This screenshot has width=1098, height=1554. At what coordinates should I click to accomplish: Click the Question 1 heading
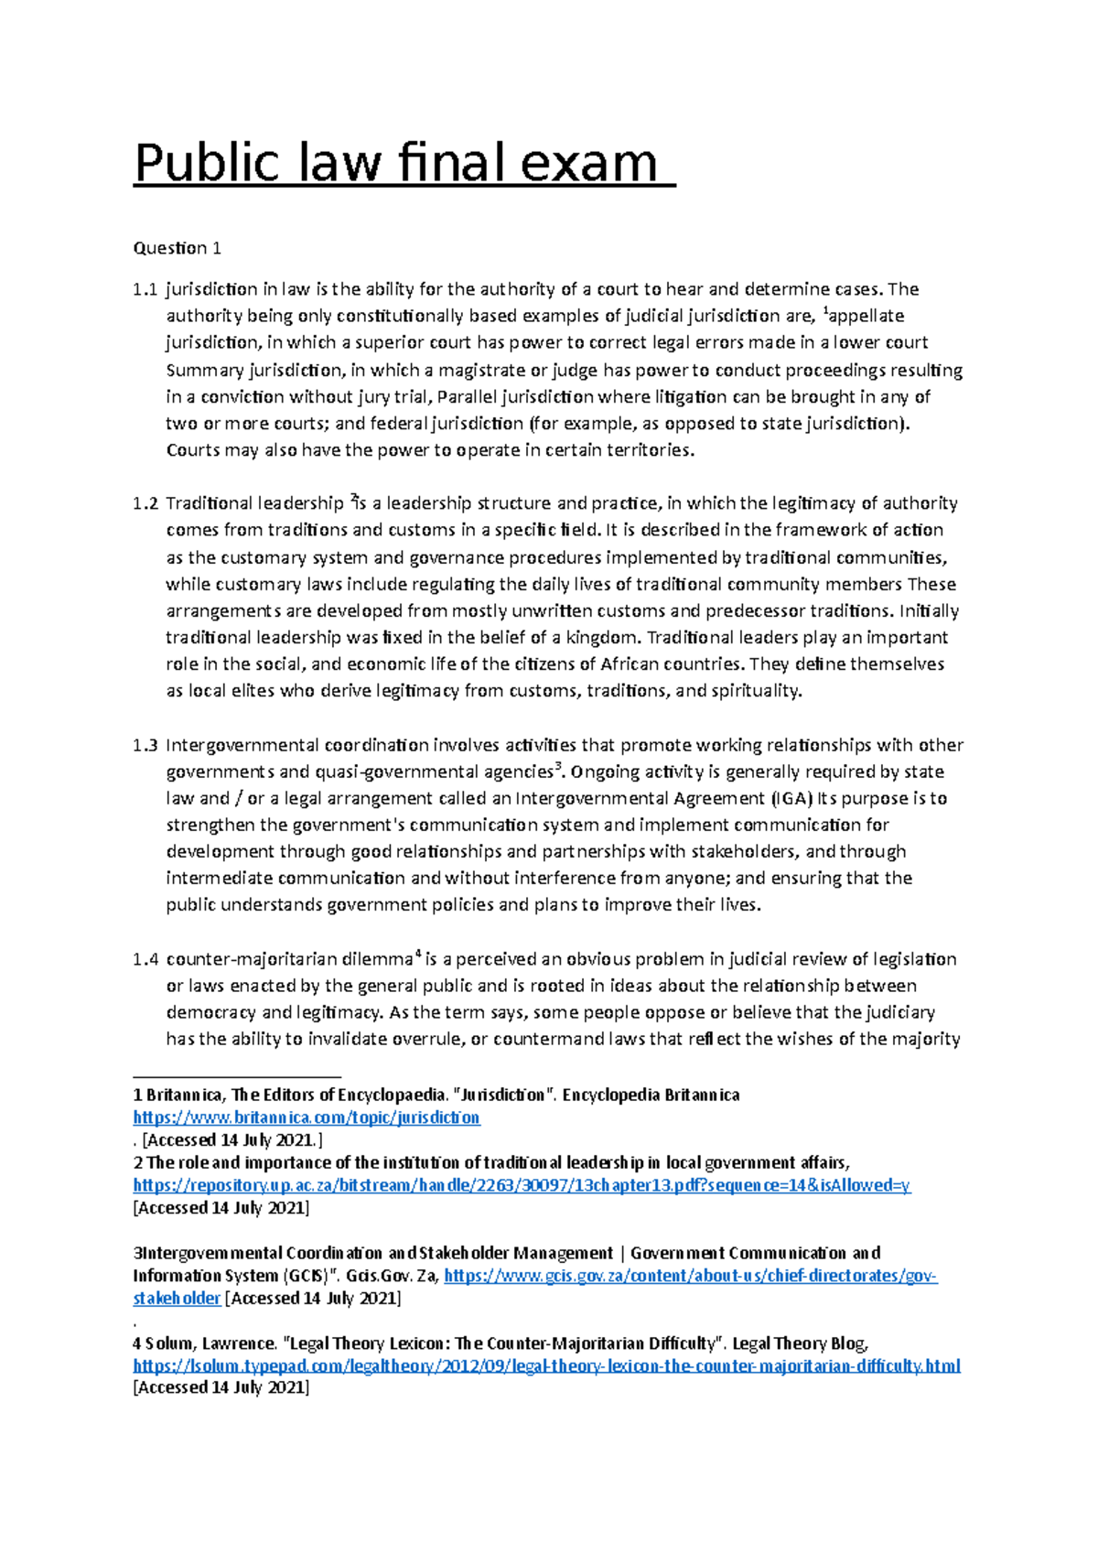pos(178,248)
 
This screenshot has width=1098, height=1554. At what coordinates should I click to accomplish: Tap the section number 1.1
pos(145,289)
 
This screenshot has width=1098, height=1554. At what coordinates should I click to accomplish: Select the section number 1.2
pos(145,503)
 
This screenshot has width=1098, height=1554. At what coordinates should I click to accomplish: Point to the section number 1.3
pos(145,745)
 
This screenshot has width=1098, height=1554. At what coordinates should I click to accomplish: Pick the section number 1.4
pos(145,959)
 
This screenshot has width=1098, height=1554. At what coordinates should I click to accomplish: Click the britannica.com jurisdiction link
pos(307,1117)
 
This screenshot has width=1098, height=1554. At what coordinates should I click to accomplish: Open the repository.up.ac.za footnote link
pos(522,1185)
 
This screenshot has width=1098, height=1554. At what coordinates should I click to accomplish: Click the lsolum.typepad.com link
pos(546,1365)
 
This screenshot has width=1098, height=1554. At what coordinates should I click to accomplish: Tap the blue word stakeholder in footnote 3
pos(177,1298)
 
